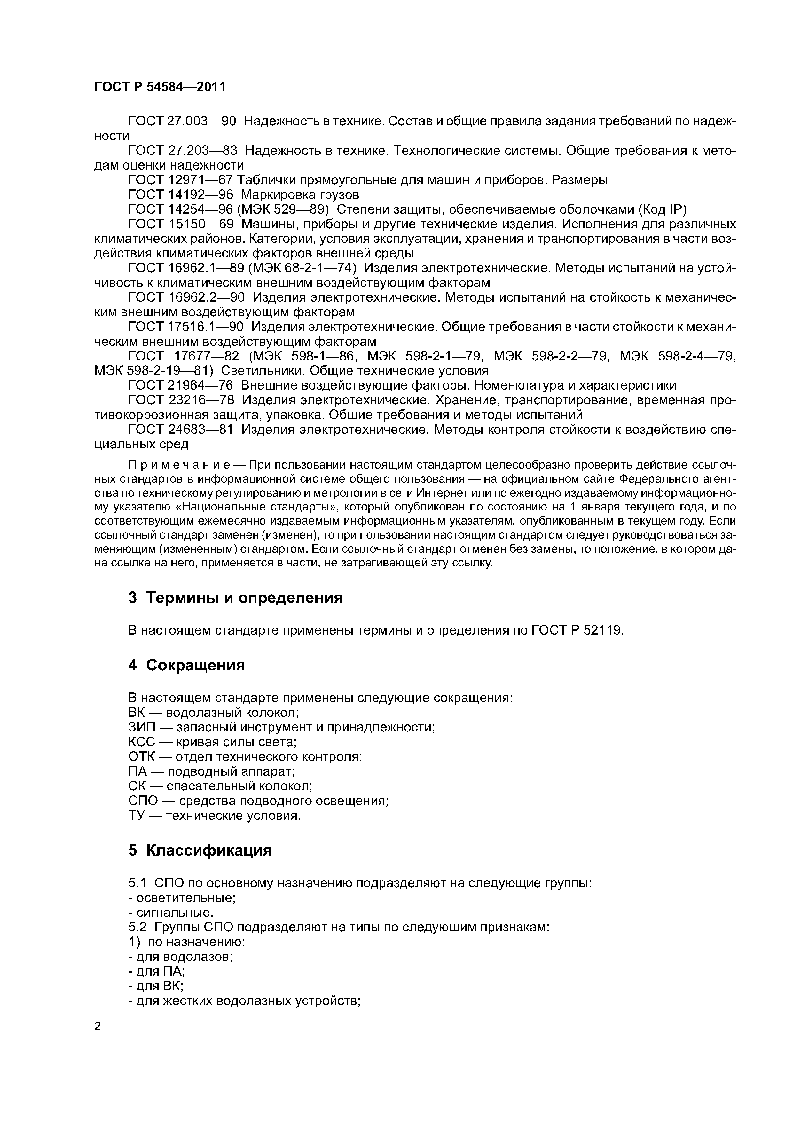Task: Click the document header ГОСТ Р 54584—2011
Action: click(x=160, y=87)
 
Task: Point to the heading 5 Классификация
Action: click(x=200, y=850)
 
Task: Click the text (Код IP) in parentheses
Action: click(x=662, y=209)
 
